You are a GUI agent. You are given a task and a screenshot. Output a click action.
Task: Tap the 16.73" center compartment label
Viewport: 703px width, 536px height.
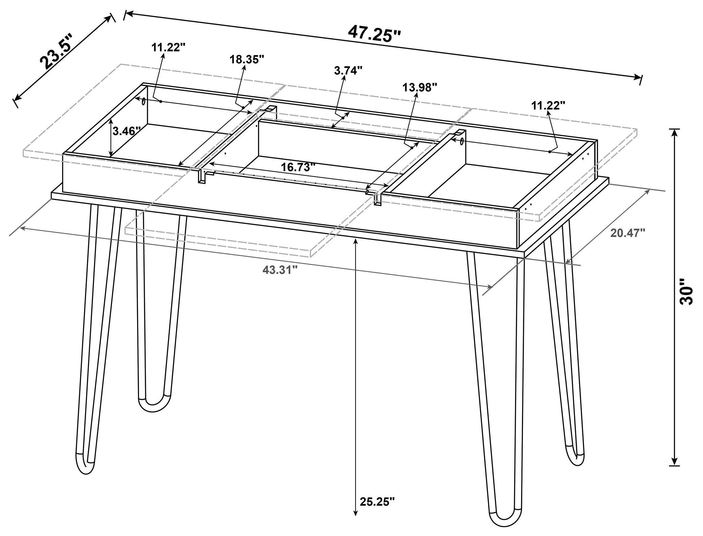(298, 167)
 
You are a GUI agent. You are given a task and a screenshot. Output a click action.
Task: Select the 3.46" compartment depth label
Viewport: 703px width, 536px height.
(127, 131)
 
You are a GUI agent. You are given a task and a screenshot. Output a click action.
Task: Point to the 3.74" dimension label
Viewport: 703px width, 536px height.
(349, 71)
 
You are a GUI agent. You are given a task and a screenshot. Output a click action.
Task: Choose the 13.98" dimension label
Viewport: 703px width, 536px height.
(419, 87)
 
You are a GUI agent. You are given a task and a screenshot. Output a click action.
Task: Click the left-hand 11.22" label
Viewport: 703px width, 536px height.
(168, 48)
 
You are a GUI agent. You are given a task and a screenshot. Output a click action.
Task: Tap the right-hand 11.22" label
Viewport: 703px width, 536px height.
(548, 105)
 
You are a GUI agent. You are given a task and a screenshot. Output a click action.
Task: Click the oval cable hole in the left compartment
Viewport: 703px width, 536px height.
(144, 102)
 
